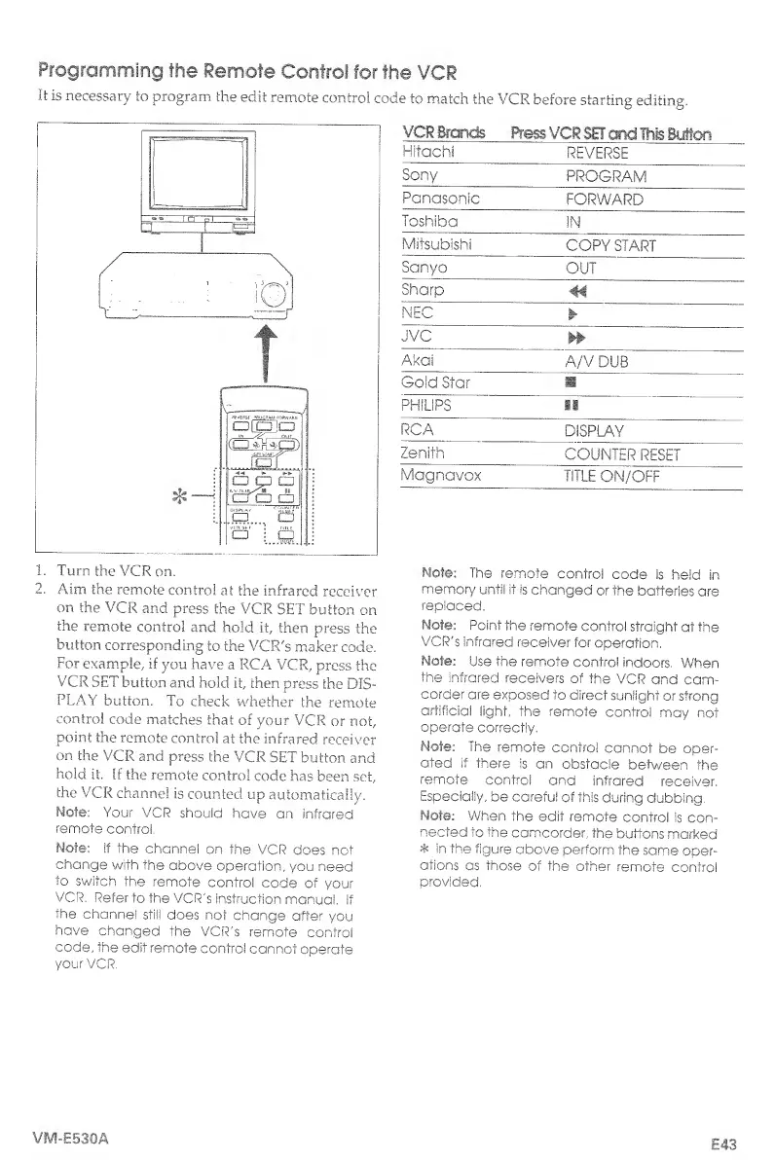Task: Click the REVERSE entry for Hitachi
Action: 598,153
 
